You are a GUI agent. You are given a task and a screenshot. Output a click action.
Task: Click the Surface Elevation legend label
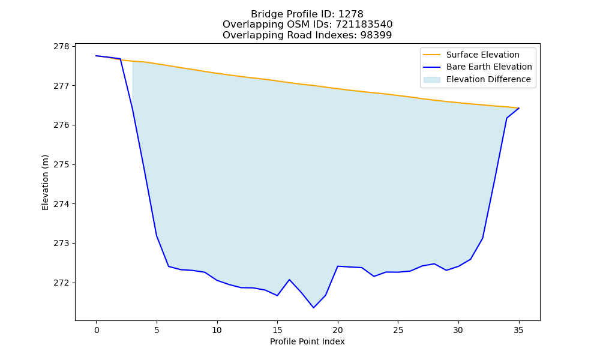click(482, 55)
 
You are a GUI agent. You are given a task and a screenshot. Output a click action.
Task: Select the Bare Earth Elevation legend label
click(489, 67)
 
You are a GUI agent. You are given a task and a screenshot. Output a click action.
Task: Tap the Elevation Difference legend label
click(488, 80)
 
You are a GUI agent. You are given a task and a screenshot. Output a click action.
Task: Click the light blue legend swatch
click(431, 80)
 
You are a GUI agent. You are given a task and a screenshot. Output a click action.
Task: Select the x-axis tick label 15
click(277, 330)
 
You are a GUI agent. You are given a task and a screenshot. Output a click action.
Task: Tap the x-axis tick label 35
click(518, 330)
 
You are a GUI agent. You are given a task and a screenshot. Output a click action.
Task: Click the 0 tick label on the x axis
click(97, 330)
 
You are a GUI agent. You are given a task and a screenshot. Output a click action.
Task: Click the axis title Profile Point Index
click(307, 341)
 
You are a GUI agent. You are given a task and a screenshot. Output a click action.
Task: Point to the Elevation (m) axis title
click(45, 182)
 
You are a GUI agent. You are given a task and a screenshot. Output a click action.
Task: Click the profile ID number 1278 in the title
click(350, 14)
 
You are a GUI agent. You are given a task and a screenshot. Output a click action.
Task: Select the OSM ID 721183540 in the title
click(364, 25)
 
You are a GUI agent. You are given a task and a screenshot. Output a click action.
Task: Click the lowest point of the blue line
click(314, 308)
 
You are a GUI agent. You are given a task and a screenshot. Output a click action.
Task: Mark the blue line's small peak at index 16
click(289, 280)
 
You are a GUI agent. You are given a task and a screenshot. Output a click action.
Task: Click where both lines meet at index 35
click(519, 108)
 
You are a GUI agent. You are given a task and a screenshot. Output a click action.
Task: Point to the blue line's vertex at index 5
click(157, 235)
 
